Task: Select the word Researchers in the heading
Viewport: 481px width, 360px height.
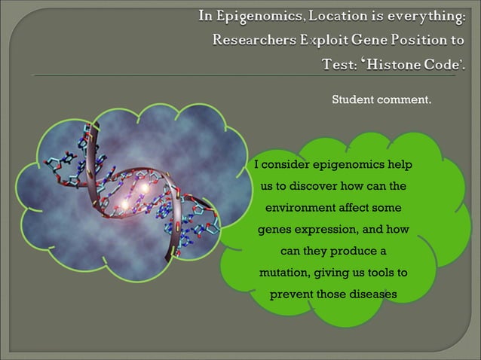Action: click(x=253, y=40)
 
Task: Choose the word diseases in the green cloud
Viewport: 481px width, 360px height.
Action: click(x=372, y=294)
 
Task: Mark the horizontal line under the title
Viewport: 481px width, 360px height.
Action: click(x=240, y=76)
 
